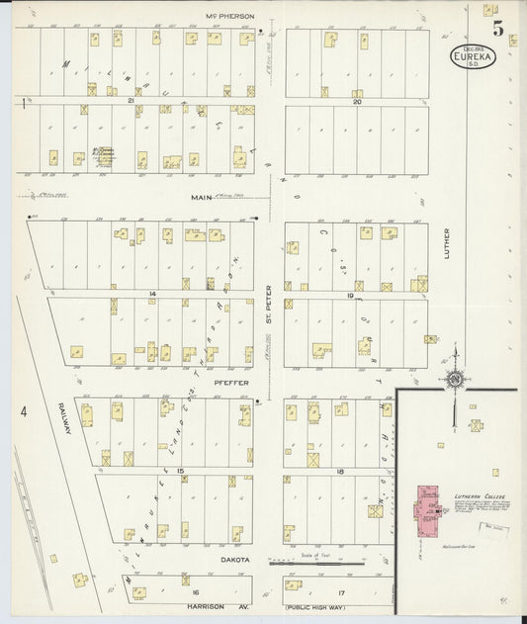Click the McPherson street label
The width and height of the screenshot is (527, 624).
(229, 16)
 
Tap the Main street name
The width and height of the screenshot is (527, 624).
(204, 197)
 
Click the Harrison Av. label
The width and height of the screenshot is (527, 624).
(216, 606)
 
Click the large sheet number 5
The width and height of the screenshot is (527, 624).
(498, 29)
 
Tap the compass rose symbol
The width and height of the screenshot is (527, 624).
(455, 380)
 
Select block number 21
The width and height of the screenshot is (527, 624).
(130, 101)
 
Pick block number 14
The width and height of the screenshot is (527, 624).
(153, 295)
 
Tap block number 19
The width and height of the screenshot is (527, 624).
(350, 295)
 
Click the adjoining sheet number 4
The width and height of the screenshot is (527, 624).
(19, 408)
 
